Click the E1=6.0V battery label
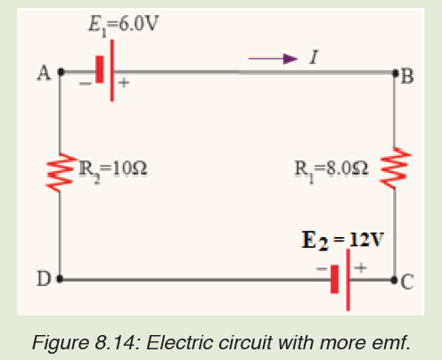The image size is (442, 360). click(124, 25)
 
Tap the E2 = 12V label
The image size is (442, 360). click(342, 240)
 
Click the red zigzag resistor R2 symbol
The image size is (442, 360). click(60, 172)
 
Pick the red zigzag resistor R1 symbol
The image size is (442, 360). click(397, 168)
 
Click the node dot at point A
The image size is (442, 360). click(61, 71)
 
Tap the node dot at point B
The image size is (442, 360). click(396, 72)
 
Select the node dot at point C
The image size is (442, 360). click(394, 280)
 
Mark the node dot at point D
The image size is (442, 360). click(60, 279)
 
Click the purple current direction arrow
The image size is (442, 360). click(273, 59)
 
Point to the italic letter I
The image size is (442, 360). click(314, 57)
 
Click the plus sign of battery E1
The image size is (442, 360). click(124, 82)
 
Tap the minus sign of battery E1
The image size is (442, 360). click(86, 84)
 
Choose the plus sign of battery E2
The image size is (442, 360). click(361, 267)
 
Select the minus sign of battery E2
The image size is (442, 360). click(322, 269)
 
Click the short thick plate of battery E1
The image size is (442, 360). click(100, 70)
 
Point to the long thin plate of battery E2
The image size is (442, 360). click(348, 280)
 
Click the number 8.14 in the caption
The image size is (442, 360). click(115, 342)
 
